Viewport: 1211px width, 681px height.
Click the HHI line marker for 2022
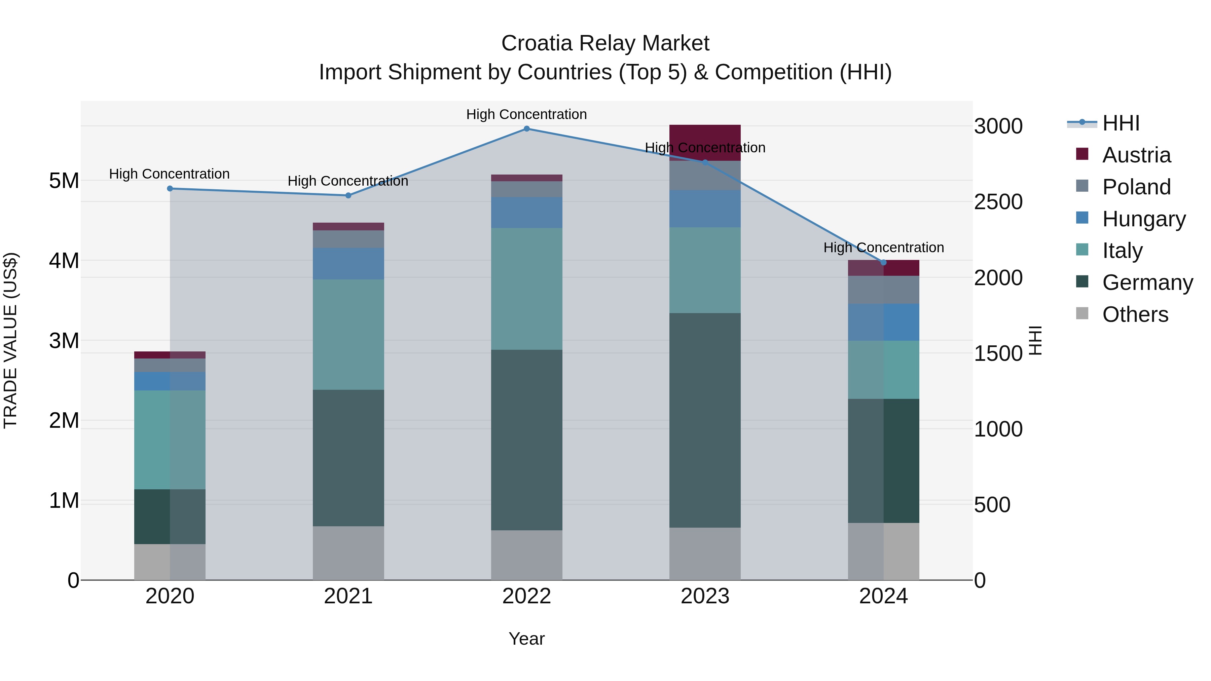526,129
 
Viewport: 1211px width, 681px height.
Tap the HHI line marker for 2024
883,262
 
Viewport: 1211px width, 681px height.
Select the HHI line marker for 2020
170,188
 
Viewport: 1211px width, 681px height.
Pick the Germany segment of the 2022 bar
526,440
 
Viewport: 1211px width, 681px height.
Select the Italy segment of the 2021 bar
348,334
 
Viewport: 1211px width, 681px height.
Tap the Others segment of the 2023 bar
705,553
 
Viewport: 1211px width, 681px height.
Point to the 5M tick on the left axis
64,181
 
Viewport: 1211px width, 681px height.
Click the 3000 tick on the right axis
998,126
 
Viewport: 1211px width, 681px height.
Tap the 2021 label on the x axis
348,596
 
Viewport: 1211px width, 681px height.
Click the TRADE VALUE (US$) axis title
11,340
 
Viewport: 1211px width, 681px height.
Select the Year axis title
526,639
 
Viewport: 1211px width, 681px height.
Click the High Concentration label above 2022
526,114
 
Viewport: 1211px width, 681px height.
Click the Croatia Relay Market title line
605,43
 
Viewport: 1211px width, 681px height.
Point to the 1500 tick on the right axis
998,353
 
